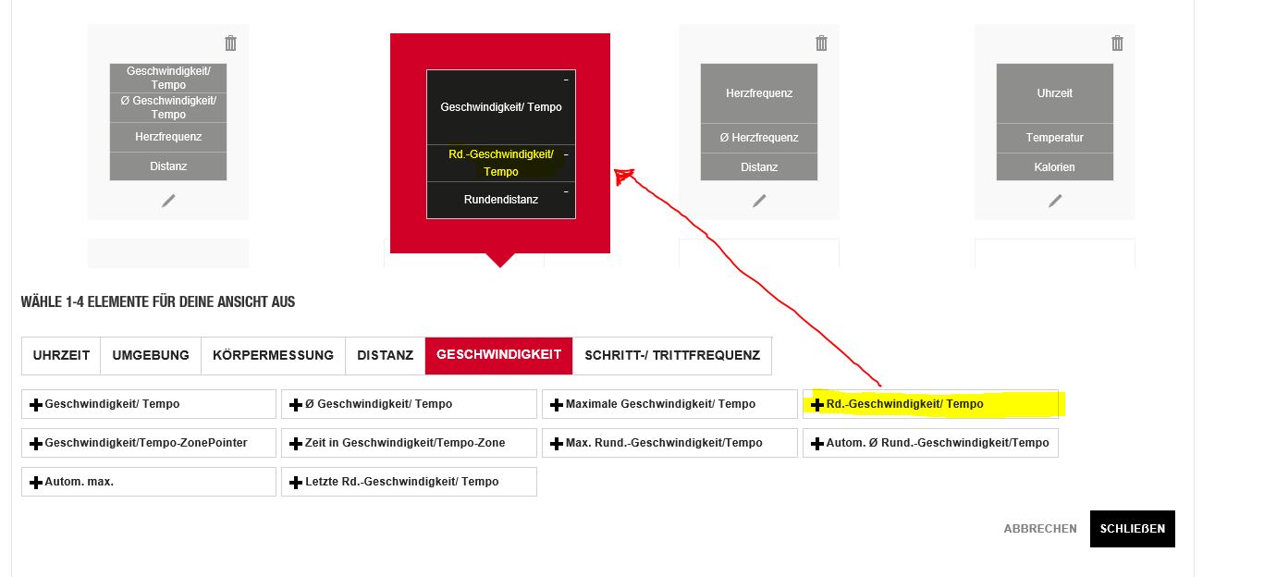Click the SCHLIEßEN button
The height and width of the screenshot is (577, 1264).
point(1132,529)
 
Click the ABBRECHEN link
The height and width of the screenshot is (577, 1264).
point(1040,529)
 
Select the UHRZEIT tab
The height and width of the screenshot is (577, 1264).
point(61,355)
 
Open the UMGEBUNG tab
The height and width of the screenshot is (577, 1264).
point(151,355)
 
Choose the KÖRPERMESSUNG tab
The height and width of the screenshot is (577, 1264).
point(273,355)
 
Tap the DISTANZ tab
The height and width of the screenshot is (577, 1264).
point(385,355)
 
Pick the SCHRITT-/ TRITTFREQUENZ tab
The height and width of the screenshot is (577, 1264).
point(672,355)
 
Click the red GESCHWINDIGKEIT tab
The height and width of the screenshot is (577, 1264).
point(498,355)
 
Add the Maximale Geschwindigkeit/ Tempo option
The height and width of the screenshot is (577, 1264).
point(669,404)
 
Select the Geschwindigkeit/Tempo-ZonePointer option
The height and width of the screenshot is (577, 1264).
point(149,443)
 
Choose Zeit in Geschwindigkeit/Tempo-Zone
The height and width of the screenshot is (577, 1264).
point(409,443)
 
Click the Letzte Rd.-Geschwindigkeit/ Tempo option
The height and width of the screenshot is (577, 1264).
point(409,482)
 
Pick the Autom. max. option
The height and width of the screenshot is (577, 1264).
point(149,482)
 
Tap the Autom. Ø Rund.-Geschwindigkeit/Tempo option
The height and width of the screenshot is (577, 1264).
point(930,443)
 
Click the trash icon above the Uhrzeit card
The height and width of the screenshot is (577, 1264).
point(1117,43)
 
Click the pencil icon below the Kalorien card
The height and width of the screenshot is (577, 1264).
point(1055,201)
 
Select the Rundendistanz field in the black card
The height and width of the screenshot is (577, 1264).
point(500,200)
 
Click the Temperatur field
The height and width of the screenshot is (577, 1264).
point(1054,138)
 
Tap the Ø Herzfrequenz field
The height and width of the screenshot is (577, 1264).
point(758,138)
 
